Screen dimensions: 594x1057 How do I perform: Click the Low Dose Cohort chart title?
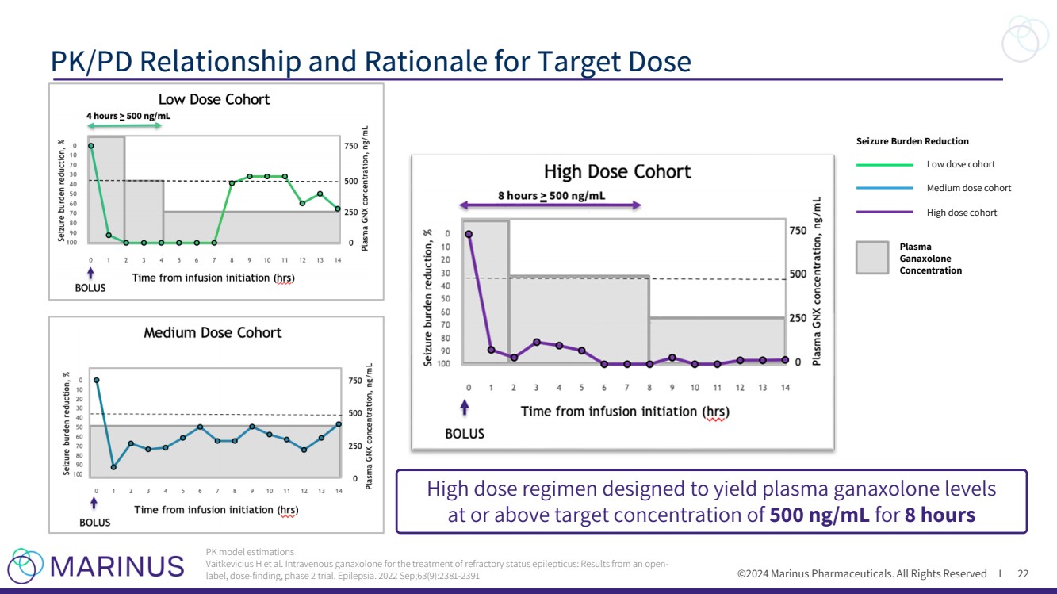pyautogui.click(x=214, y=99)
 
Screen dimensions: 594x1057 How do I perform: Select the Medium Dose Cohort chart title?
pyautogui.click(x=213, y=332)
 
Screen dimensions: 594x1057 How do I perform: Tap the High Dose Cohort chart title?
pyautogui.click(x=617, y=171)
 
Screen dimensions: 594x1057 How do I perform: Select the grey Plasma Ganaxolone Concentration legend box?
pyautogui.click(x=871, y=258)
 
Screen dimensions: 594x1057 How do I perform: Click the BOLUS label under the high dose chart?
pyautogui.click(x=465, y=434)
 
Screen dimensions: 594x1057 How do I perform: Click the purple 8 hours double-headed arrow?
pyautogui.click(x=550, y=205)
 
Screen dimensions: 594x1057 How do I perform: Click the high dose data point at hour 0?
pyautogui.click(x=469, y=234)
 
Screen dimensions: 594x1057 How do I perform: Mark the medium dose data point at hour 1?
pyautogui.click(x=113, y=467)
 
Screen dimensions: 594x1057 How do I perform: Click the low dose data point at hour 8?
pyautogui.click(x=232, y=183)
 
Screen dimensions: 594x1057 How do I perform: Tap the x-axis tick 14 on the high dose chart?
pyautogui.click(x=785, y=387)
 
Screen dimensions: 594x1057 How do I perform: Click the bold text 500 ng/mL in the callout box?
pyautogui.click(x=819, y=515)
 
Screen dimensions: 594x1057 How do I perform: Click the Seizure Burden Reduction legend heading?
pyautogui.click(x=912, y=141)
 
